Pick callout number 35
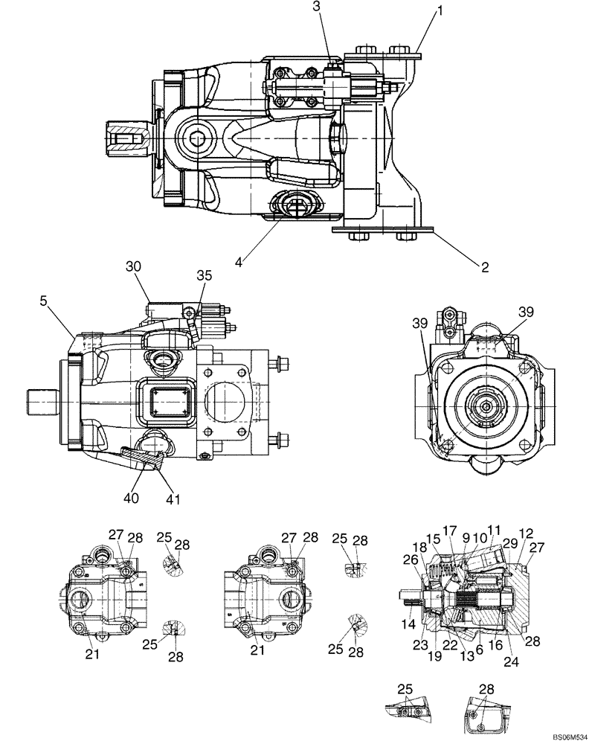coord(204,275)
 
